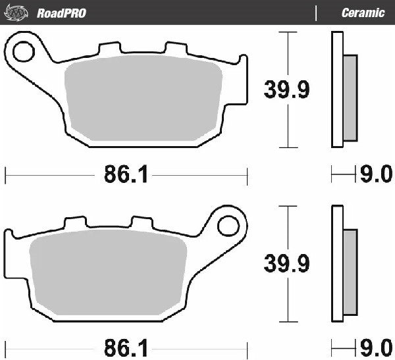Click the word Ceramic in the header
(x=363, y=13)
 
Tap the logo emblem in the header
(x=18, y=13)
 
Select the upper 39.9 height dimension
(x=286, y=89)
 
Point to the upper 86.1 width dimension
(x=125, y=175)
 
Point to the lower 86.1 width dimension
(x=125, y=346)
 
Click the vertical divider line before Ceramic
(x=317, y=13)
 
